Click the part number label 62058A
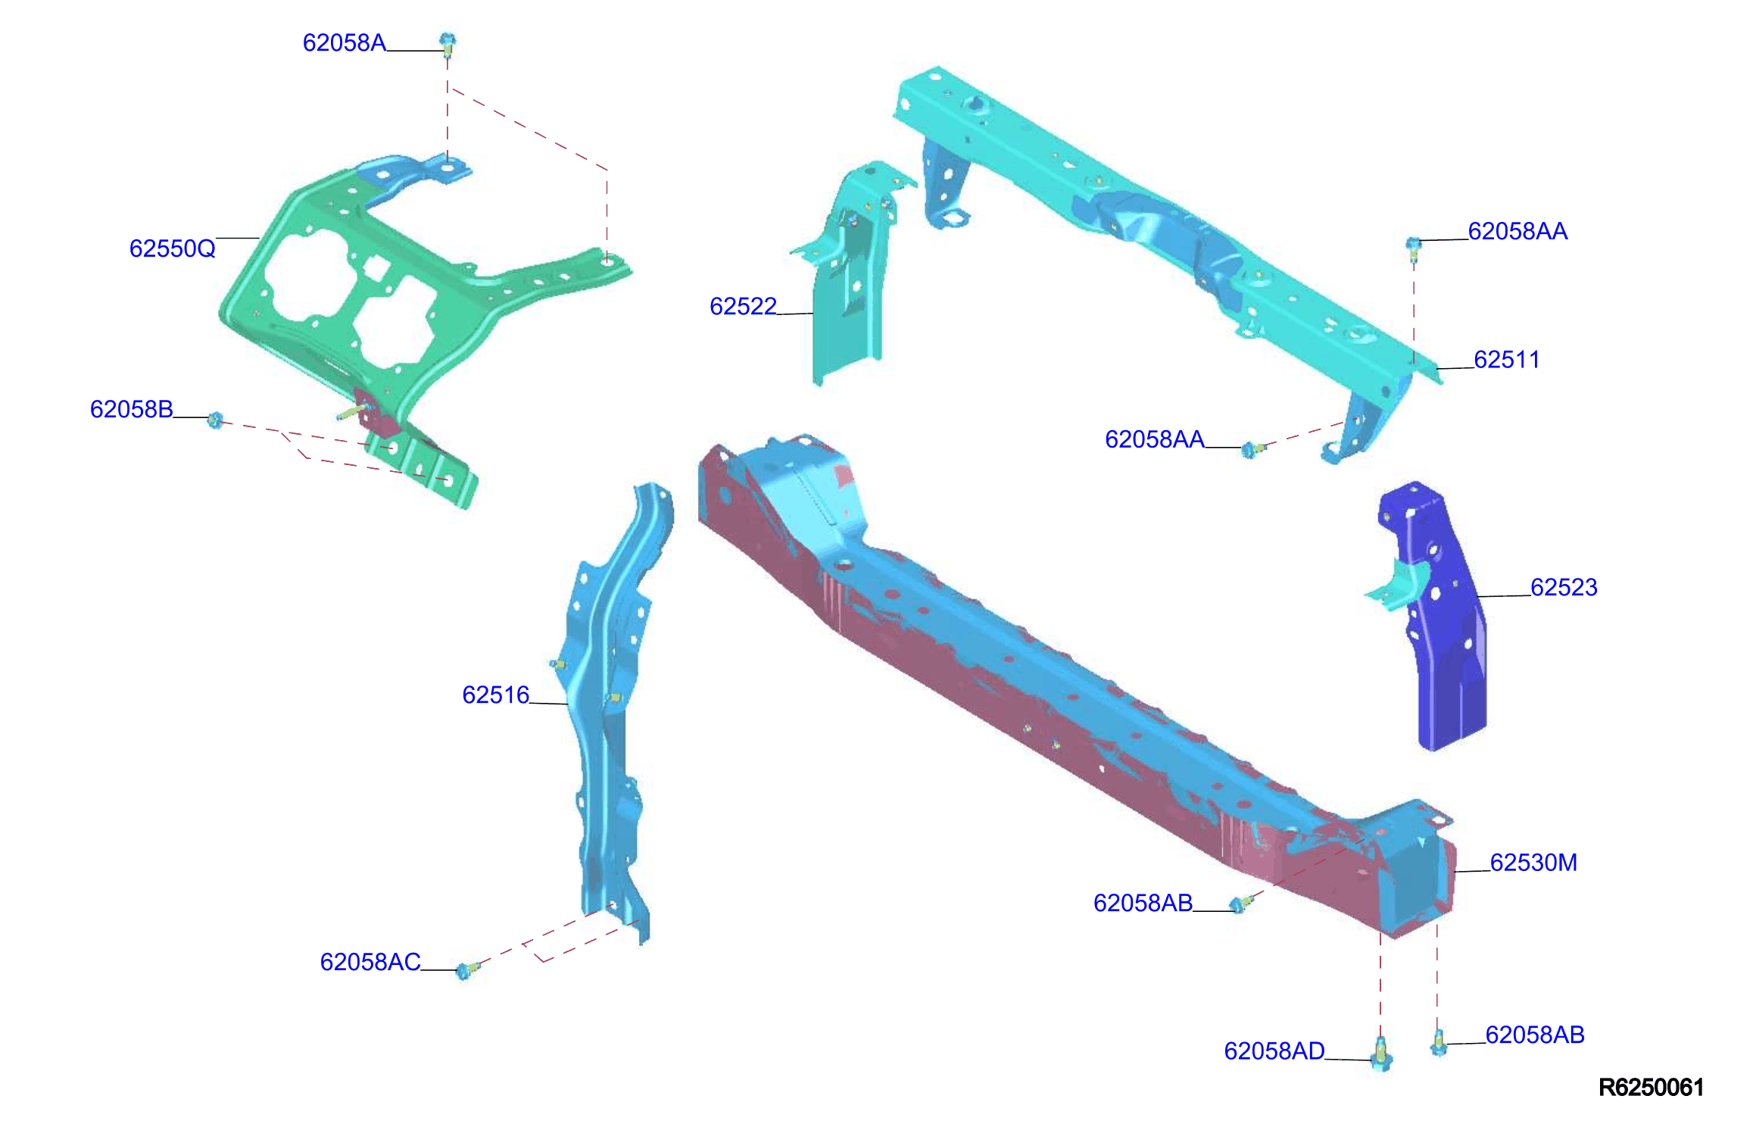(345, 42)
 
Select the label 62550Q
(173, 248)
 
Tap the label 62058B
(132, 409)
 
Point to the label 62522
(743, 306)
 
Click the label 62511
(1507, 359)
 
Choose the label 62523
(1564, 587)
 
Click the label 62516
(496, 695)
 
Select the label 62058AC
(370, 961)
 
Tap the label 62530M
(1533, 862)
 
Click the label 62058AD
(1274, 1051)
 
